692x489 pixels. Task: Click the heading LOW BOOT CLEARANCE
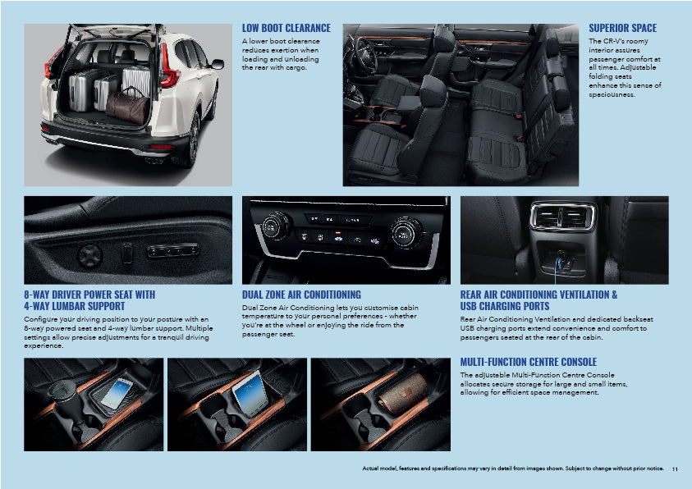[x=286, y=28]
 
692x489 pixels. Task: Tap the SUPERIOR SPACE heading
[x=622, y=28]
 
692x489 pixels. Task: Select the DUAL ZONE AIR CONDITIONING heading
[x=301, y=295]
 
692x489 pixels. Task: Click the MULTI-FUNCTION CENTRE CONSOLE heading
[x=528, y=362]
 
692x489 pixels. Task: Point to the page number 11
[x=675, y=468]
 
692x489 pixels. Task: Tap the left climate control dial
[x=278, y=224]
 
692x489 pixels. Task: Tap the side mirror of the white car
[x=217, y=63]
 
